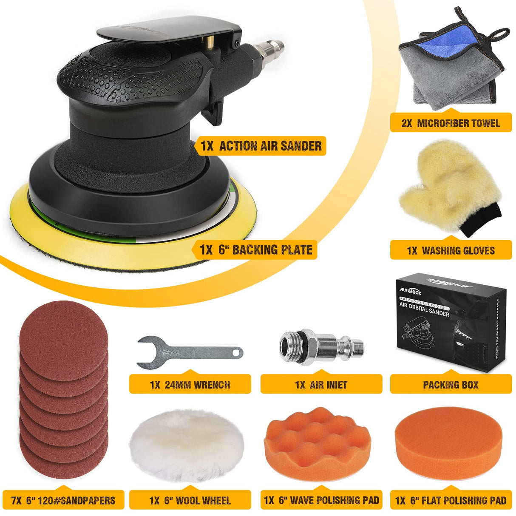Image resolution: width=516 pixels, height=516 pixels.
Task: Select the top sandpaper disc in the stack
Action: point(64,332)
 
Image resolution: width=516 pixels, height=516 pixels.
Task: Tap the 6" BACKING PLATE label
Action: point(256,249)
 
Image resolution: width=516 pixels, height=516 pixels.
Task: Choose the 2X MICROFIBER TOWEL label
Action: point(451,123)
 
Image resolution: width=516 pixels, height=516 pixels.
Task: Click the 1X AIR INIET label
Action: point(321,385)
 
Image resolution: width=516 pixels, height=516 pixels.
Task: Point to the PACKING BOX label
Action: point(451,385)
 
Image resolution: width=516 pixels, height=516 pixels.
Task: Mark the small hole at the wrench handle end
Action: point(238,352)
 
